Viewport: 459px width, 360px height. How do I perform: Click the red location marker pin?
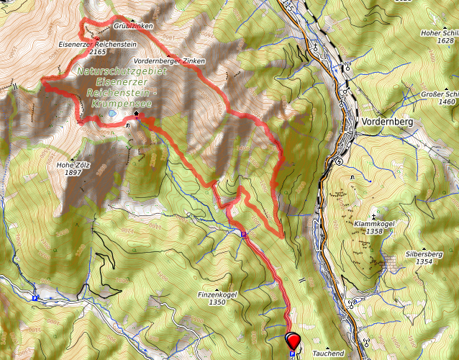pyautogui.click(x=294, y=339)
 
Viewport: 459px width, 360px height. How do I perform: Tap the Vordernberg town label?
pyautogui.click(x=388, y=122)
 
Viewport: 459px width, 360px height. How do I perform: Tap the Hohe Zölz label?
pyautogui.click(x=73, y=165)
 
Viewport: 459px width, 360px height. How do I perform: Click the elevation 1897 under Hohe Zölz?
pyautogui.click(x=73, y=173)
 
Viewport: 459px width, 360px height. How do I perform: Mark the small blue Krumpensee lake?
pyautogui.click(x=112, y=113)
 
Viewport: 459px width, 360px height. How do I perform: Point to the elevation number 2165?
pyautogui.click(x=99, y=53)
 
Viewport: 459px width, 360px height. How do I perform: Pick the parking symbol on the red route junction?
pyautogui.click(x=243, y=234)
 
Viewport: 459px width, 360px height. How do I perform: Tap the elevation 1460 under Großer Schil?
pyautogui.click(x=446, y=102)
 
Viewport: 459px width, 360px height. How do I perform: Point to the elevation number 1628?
pyautogui.click(x=446, y=40)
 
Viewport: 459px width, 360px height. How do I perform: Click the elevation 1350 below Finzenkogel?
pyautogui.click(x=217, y=302)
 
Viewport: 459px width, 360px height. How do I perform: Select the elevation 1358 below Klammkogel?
pyautogui.click(x=373, y=232)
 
